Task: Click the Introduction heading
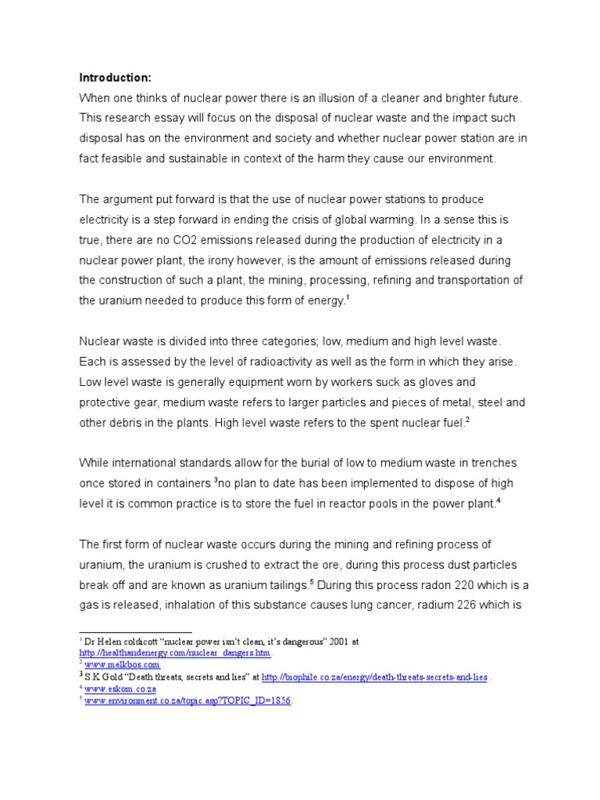pos(115,77)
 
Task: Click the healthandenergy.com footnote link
pos(176,652)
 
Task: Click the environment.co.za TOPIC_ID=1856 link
pos(187,701)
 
